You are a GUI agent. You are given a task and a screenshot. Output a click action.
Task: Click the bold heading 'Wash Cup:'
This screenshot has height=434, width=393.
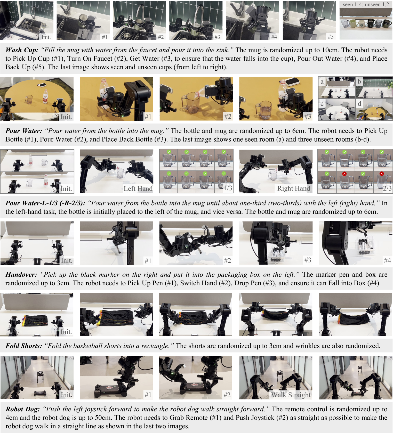(22, 50)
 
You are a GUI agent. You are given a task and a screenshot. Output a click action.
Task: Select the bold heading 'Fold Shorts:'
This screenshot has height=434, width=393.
(24, 346)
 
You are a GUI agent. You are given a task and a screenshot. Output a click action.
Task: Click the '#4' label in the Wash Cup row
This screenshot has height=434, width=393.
(274, 37)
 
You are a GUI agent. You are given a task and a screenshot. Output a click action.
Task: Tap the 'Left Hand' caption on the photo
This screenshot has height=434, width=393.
(138, 189)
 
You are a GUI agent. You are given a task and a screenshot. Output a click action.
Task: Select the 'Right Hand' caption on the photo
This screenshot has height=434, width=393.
(294, 189)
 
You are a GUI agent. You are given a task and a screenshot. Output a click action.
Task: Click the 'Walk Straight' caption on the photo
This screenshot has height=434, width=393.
(291, 395)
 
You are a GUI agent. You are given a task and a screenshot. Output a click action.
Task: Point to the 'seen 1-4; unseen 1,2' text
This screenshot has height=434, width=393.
(366, 4)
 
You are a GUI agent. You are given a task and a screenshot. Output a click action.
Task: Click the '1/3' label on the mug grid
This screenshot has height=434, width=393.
(228, 188)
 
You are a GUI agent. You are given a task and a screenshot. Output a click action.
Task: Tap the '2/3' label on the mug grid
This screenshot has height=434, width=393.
(387, 188)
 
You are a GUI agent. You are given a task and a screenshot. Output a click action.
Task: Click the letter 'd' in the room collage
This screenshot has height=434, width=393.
(359, 103)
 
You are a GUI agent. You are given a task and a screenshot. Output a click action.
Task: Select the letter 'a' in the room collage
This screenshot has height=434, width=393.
(322, 82)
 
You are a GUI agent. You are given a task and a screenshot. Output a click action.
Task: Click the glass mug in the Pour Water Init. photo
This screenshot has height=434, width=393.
(29, 100)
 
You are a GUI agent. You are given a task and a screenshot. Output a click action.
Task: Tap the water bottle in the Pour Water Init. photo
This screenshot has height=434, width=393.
(46, 96)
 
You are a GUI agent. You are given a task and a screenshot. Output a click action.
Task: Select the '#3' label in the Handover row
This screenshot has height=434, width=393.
(308, 260)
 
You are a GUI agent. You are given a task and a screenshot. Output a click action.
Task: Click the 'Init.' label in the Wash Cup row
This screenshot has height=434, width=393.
(46, 37)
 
